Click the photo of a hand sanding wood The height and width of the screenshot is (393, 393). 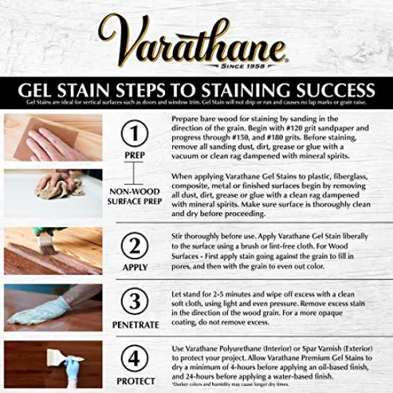click(x=51, y=136)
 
